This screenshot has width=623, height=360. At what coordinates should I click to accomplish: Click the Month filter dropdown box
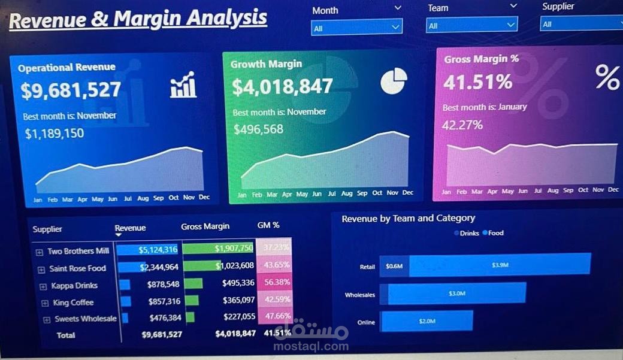click(x=356, y=28)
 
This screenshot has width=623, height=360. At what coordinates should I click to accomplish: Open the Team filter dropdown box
click(x=471, y=25)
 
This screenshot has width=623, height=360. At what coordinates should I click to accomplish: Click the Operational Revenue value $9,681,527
click(x=71, y=90)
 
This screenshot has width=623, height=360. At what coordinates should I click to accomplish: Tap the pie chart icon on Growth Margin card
click(x=394, y=81)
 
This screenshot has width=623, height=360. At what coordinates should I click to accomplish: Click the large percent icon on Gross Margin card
click(x=607, y=77)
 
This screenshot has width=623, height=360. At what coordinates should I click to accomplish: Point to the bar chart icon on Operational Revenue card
click(x=183, y=85)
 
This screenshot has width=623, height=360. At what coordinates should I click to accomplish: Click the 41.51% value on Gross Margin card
click(x=478, y=82)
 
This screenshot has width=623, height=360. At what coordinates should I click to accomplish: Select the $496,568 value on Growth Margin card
click(x=258, y=129)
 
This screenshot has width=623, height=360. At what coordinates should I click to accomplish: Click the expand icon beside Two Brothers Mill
click(x=40, y=252)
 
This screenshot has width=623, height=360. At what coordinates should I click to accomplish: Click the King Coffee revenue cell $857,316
click(x=163, y=301)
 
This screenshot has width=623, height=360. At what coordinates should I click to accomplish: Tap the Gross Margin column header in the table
click(x=205, y=226)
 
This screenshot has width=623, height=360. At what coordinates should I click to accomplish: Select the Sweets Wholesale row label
click(x=85, y=319)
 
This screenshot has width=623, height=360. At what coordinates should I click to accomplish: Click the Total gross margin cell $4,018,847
click(x=235, y=334)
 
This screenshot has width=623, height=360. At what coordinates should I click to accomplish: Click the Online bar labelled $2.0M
click(x=427, y=321)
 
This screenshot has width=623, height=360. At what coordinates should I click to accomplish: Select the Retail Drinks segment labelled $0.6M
click(x=394, y=265)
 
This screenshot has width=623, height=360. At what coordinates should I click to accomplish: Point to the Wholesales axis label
click(x=359, y=295)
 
